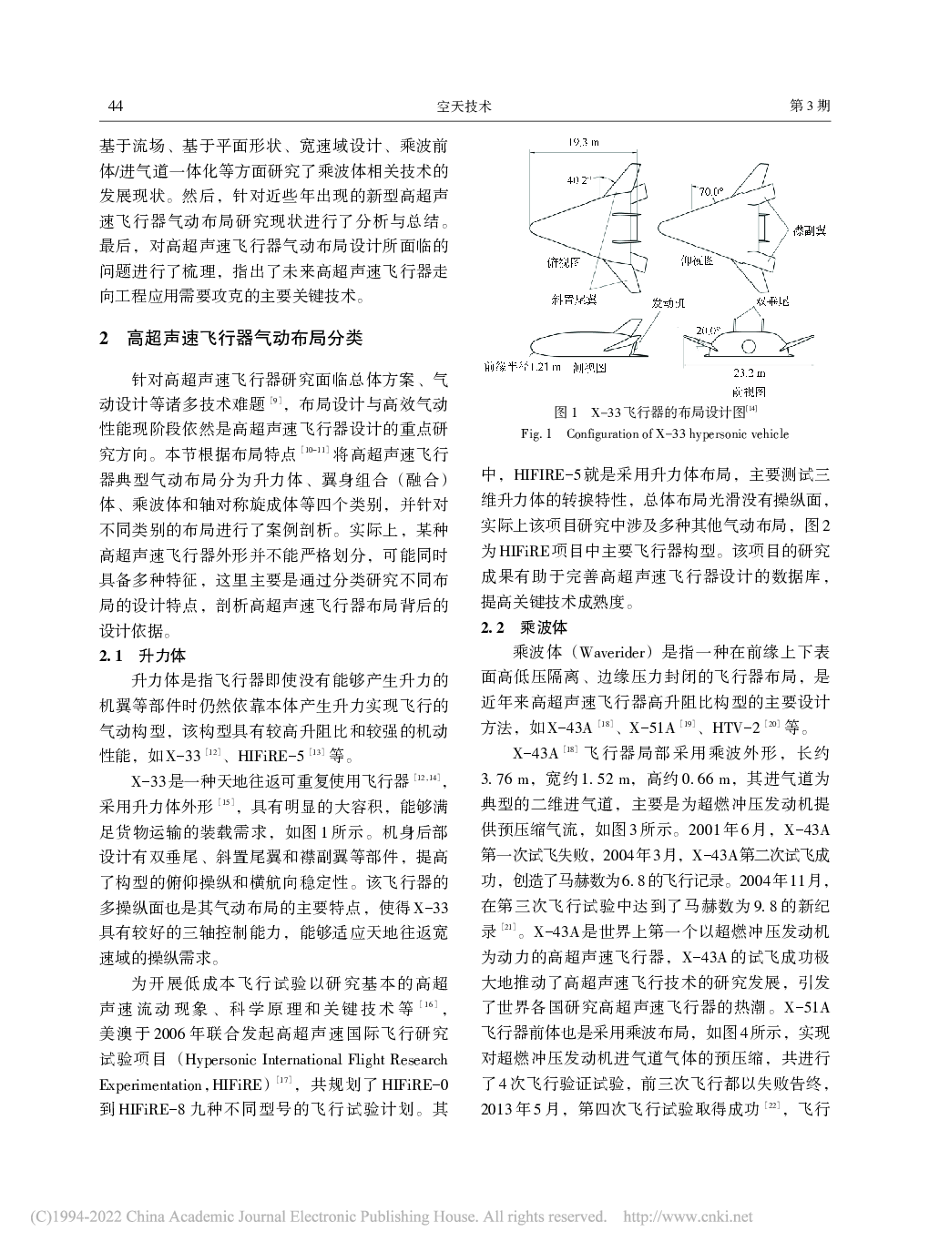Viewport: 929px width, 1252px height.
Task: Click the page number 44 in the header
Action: tap(116, 107)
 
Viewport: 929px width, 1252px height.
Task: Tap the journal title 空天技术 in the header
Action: tap(464, 107)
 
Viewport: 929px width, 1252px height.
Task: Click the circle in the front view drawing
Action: tap(750, 346)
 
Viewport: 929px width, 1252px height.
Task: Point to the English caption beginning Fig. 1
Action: tap(654, 433)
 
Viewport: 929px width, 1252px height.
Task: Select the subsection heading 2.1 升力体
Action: tap(142, 656)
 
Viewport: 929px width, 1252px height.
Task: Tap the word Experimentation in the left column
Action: tap(149, 1085)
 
